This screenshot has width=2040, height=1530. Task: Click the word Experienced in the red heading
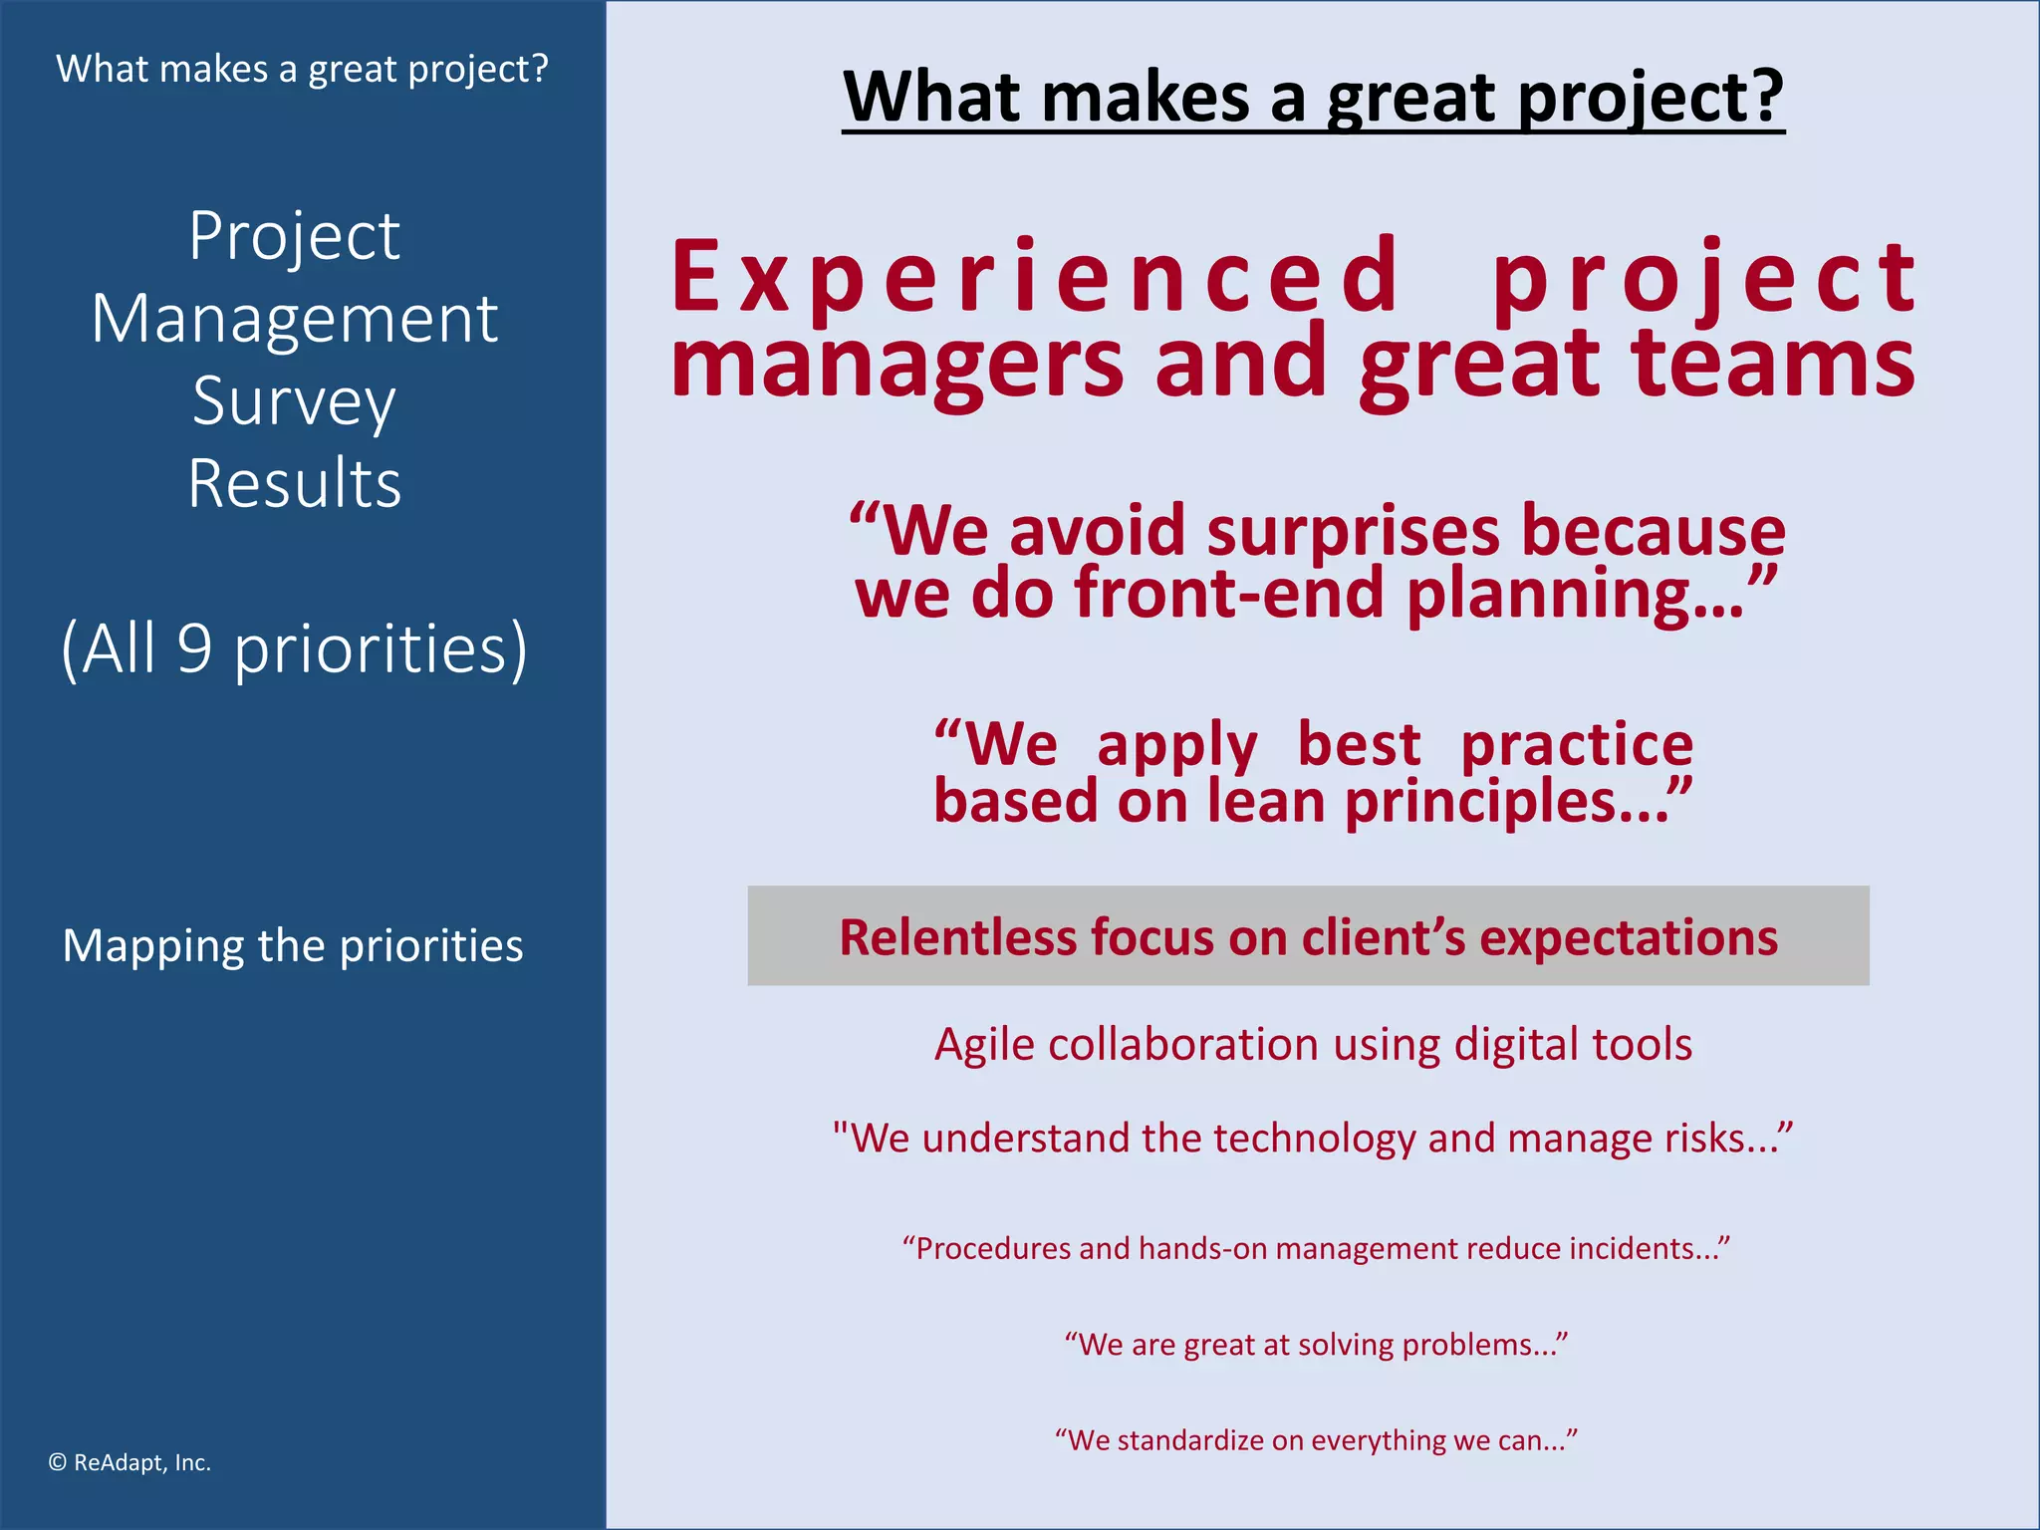[1036, 277]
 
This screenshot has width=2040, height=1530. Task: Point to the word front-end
[1229, 594]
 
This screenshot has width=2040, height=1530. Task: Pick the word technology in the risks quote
[1315, 1138]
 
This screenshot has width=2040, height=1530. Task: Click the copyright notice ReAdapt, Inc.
[129, 1462]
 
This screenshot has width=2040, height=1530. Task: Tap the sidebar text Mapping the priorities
[293, 945]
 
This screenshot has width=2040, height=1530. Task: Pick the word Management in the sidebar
[295, 319]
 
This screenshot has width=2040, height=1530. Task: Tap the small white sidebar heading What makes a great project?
[302, 69]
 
